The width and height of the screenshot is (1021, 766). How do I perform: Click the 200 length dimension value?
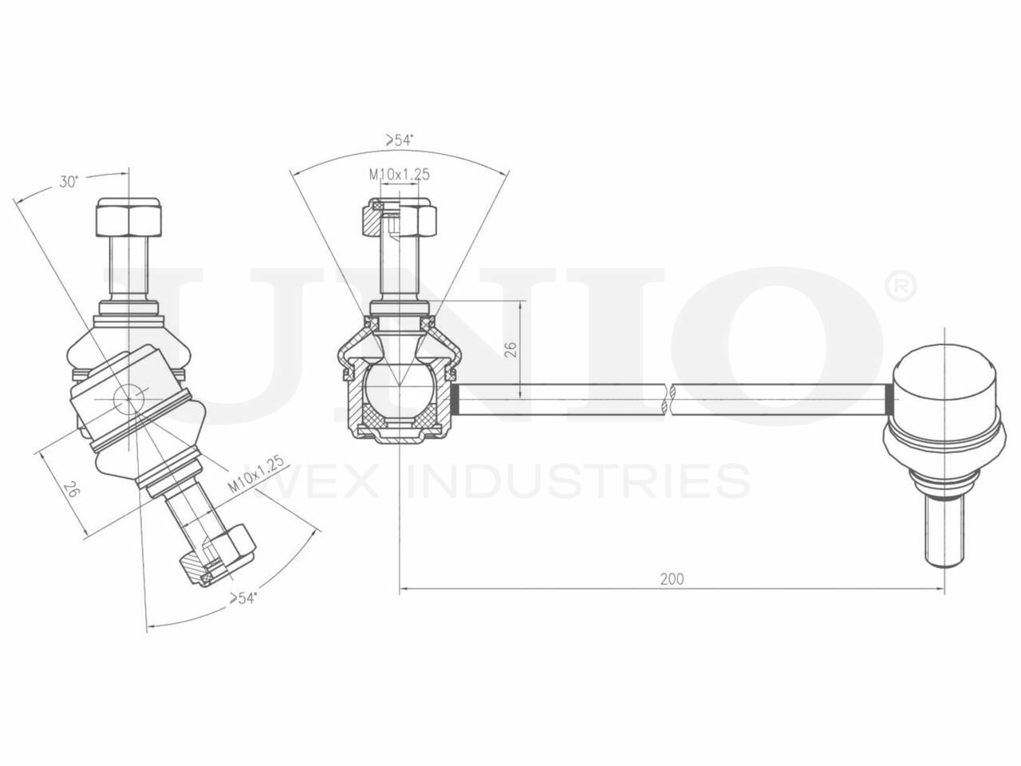point(672,578)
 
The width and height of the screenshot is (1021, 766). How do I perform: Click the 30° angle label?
point(69,182)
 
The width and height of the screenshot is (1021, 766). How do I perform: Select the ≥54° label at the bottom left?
point(242,598)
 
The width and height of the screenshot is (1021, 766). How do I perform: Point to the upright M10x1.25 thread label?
point(399,175)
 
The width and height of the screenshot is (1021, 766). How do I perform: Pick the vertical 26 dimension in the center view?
point(510,349)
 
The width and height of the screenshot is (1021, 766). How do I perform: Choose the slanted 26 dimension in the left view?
point(70,490)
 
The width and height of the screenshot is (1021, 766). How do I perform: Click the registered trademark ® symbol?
point(902,287)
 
